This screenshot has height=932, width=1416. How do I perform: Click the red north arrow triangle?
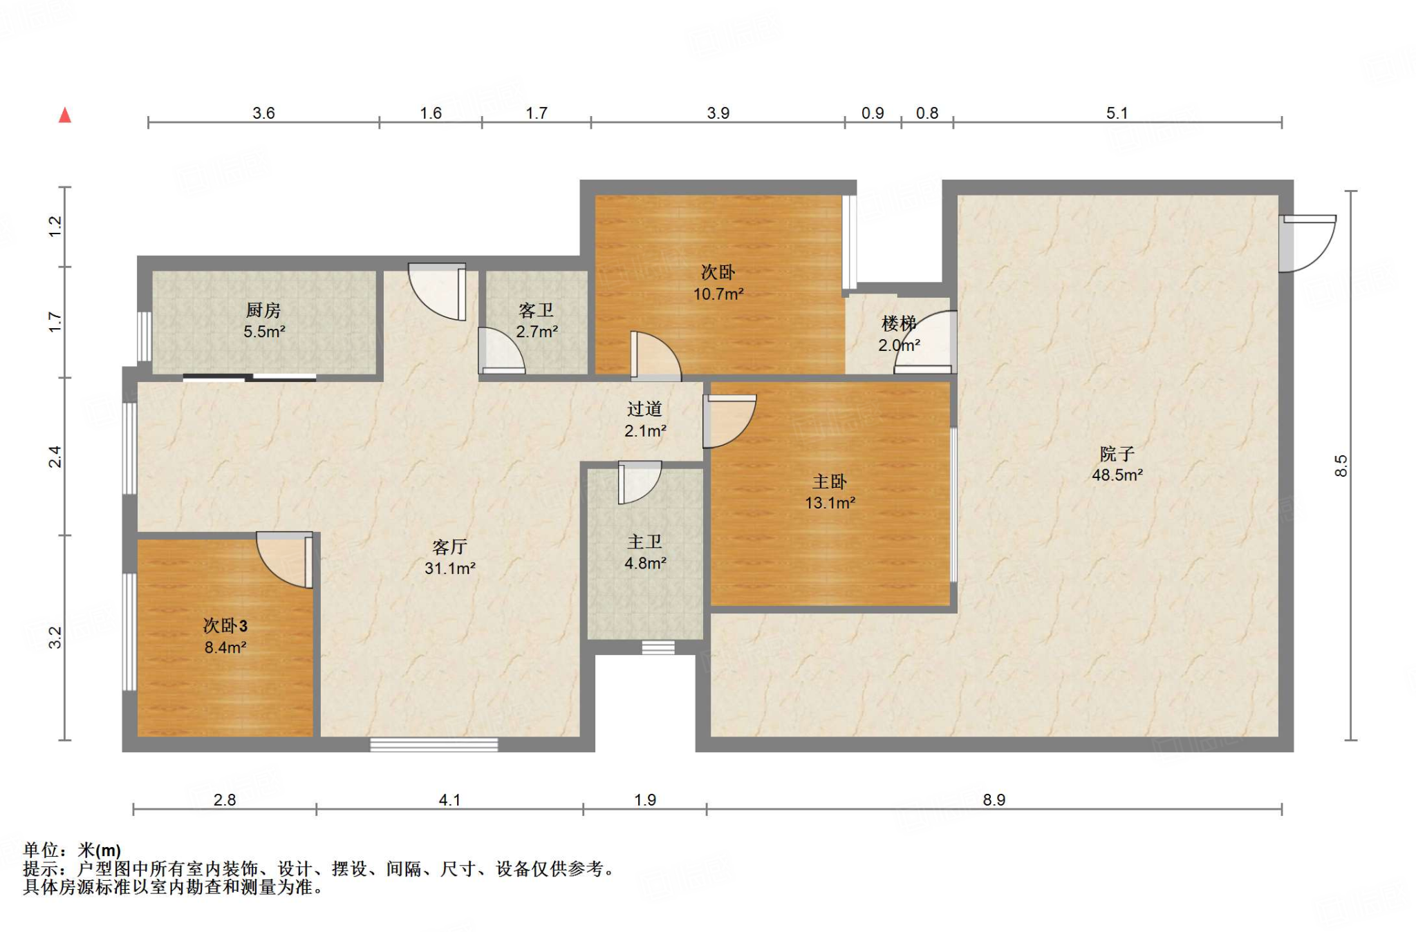pyautogui.click(x=65, y=115)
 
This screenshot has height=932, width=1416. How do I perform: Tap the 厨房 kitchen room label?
pyautogui.click(x=263, y=310)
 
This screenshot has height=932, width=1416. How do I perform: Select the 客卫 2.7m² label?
pyautogui.click(x=537, y=321)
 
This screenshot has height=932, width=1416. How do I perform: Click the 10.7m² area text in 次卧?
pyautogui.click(x=718, y=294)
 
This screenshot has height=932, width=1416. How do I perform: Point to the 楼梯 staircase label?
pyautogui.click(x=898, y=323)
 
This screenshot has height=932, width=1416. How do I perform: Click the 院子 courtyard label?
pyautogui.click(x=1117, y=454)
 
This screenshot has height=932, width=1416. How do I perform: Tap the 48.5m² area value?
pyautogui.click(x=1117, y=475)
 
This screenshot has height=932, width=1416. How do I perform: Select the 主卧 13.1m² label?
pyautogui.click(x=830, y=492)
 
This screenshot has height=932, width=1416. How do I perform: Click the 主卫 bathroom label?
pyautogui.click(x=644, y=542)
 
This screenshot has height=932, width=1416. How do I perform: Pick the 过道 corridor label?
pyautogui.click(x=644, y=409)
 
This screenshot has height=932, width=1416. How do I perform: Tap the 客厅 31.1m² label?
pyautogui.click(x=449, y=558)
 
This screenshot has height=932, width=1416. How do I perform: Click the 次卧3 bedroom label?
pyautogui.click(x=225, y=626)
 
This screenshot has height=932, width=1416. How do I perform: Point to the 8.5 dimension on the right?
pyautogui.click(x=1341, y=465)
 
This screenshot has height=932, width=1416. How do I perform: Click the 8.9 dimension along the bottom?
pyautogui.click(x=994, y=799)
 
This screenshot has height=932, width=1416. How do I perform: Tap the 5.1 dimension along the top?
pyautogui.click(x=1117, y=113)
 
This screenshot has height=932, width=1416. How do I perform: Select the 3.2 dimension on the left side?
pyautogui.click(x=55, y=637)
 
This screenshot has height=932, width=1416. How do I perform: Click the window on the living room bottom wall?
pyautogui.click(x=434, y=745)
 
